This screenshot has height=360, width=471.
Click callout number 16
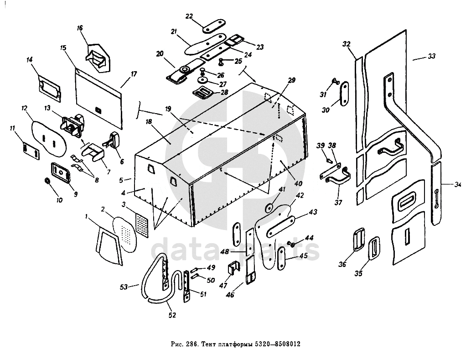80,28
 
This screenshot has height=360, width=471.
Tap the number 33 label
431,56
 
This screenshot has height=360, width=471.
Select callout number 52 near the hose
172,315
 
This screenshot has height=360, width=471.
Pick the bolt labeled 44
291,244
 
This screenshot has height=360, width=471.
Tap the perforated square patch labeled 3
142,224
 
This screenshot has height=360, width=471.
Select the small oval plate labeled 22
214,26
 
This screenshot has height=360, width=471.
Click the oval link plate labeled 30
345,94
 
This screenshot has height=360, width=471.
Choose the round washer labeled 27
204,81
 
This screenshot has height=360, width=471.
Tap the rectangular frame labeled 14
50,88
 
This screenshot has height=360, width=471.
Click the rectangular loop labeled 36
358,240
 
